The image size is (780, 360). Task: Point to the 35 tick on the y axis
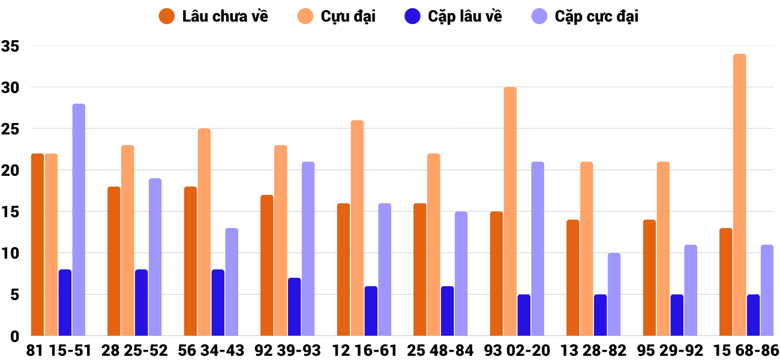click(x=11, y=46)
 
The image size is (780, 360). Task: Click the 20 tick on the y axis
click(x=11, y=170)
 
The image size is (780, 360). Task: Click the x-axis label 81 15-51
click(x=58, y=350)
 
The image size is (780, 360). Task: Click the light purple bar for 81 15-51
click(x=79, y=220)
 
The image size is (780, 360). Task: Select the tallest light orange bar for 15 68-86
click(x=740, y=195)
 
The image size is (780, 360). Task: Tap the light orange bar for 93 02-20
click(x=510, y=211)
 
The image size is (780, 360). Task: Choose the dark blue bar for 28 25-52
click(x=142, y=302)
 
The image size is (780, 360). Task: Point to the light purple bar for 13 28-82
click(x=614, y=294)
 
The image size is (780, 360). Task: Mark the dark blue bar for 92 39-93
click(x=295, y=307)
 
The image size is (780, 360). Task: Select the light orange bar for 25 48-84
click(x=434, y=245)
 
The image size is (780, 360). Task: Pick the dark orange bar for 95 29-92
click(x=650, y=278)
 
